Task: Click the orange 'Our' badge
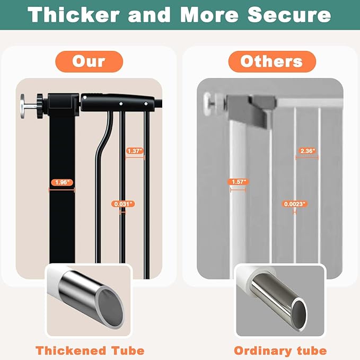89,62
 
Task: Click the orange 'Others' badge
272,62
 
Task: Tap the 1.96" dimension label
62,182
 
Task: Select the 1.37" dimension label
135,151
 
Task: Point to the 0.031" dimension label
123,204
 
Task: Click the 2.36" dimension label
308,151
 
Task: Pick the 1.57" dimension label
238,182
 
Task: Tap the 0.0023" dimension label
295,204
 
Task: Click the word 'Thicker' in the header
73,15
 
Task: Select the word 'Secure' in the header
289,15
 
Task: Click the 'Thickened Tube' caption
90,351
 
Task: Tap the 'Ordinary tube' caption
280,351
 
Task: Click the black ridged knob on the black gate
40,106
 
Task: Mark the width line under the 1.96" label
62,190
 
